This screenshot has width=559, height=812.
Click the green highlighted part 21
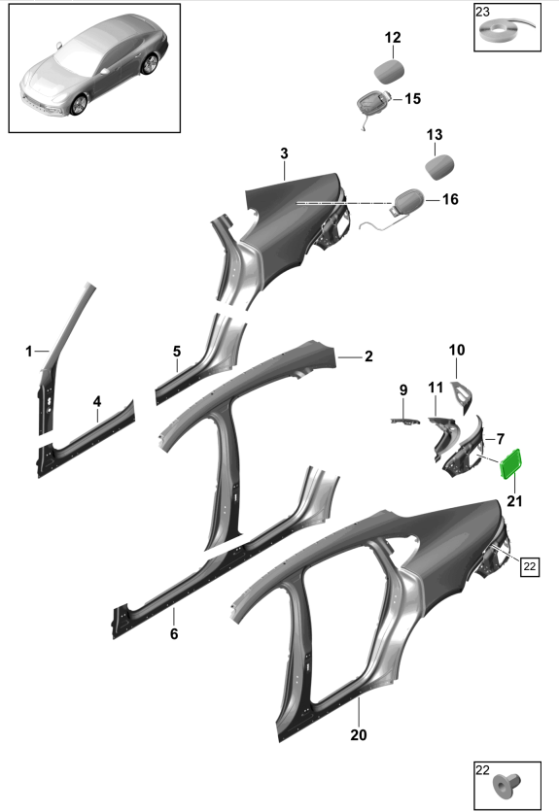[x=510, y=464]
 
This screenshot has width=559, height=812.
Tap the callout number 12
[x=393, y=38]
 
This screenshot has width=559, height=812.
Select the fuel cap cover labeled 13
[x=439, y=167]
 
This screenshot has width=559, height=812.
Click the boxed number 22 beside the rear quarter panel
[x=530, y=566]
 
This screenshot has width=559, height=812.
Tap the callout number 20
[x=359, y=735]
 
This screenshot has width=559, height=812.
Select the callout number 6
[x=174, y=633]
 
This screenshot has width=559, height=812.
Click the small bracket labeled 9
[x=404, y=421]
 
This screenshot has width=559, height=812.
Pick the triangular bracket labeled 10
[x=462, y=395]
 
